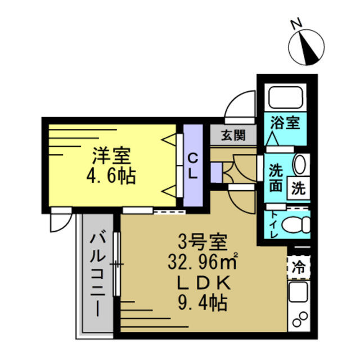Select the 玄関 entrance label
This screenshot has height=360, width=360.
233,135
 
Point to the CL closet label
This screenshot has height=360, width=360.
192,165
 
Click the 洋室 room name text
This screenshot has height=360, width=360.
111,154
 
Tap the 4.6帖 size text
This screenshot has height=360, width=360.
111,177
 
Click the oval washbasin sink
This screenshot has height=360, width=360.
300,165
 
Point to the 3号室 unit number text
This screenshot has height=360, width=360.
202,243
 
